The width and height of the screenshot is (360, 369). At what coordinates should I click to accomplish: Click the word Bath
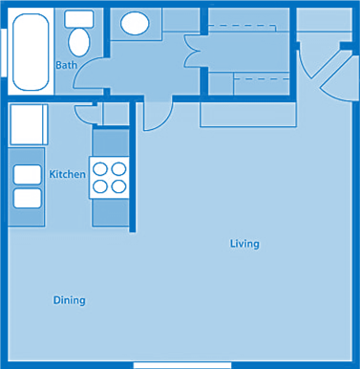[x=67, y=65]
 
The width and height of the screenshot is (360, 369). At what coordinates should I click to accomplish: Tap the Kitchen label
[x=67, y=174]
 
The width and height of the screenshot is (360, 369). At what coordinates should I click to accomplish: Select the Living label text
[x=244, y=244]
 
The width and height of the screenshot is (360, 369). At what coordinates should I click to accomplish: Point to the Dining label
[x=69, y=300]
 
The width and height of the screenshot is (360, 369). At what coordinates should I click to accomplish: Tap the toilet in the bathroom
[x=78, y=37]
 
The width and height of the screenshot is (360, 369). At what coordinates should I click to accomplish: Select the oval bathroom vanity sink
[x=134, y=23]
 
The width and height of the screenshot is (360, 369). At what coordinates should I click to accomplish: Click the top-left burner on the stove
[x=101, y=168]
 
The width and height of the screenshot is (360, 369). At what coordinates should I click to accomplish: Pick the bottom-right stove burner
[x=118, y=185]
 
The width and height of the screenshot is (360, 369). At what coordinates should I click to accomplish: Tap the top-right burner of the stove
[x=118, y=168]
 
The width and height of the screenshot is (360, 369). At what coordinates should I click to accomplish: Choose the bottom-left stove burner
[x=101, y=185]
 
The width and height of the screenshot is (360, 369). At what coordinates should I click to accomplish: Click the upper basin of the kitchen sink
[x=28, y=175]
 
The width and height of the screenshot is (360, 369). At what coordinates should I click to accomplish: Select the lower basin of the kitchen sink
[x=28, y=198]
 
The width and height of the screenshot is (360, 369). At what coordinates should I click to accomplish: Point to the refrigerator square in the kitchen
[x=28, y=124]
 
